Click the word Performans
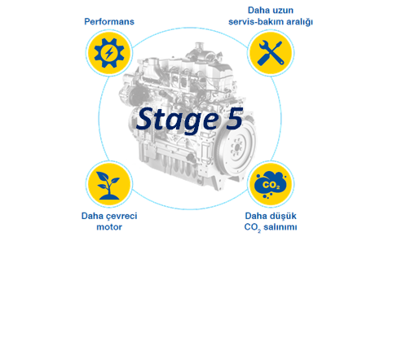click(109, 22)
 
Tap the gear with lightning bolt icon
click(109, 53)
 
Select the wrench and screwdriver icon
click(271, 53)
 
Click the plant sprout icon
click(108, 186)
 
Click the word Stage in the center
click(178, 120)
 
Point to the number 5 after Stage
click(234, 118)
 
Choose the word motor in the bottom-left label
click(109, 227)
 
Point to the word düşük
click(283, 216)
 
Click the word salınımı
click(280, 227)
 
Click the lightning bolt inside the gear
click(109, 53)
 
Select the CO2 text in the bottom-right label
click(253, 227)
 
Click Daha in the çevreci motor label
click(92, 216)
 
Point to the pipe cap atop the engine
click(200, 45)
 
